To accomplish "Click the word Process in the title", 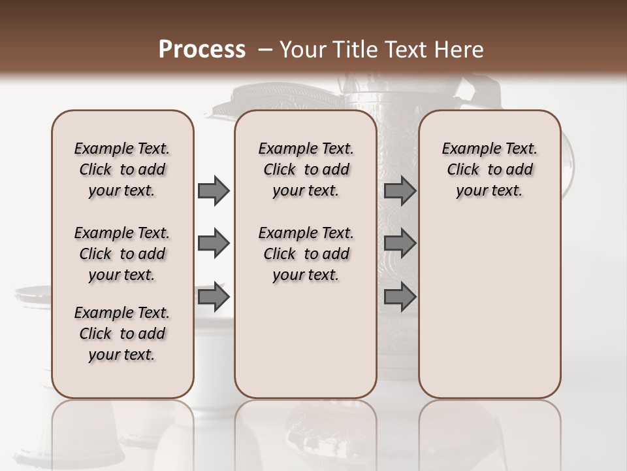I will pyautogui.click(x=202, y=50).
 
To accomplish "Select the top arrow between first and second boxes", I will pyautogui.click(x=214, y=191).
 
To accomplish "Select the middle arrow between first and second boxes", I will pyautogui.click(x=214, y=243).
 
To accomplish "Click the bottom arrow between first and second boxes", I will pyautogui.click(x=214, y=297).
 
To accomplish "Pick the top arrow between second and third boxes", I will pyautogui.click(x=400, y=191).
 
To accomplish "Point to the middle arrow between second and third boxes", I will pyautogui.click(x=400, y=243).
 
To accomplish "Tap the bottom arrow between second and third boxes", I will pyautogui.click(x=400, y=297).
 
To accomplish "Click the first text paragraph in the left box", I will pyautogui.click(x=122, y=169).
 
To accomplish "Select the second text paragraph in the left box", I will pyautogui.click(x=122, y=254).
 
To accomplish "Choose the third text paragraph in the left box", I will pyautogui.click(x=122, y=334).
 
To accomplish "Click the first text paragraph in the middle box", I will pyautogui.click(x=306, y=169).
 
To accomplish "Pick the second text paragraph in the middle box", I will pyautogui.click(x=306, y=254).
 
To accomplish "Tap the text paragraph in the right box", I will pyautogui.click(x=489, y=169).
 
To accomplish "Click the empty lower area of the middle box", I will pyautogui.click(x=306, y=343).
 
